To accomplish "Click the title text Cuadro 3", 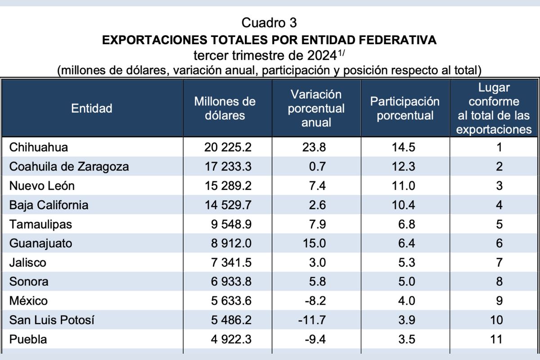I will (270, 22).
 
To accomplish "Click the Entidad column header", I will (92, 108).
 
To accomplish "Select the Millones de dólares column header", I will (225, 108).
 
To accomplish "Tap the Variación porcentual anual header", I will (316, 108).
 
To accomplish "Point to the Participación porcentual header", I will (405, 108).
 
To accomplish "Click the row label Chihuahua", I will (39, 147).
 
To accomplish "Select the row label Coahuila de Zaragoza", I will (69, 166).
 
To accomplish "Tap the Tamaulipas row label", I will (40, 224).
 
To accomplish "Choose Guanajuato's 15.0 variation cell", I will (316, 243).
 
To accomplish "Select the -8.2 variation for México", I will (315, 301).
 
